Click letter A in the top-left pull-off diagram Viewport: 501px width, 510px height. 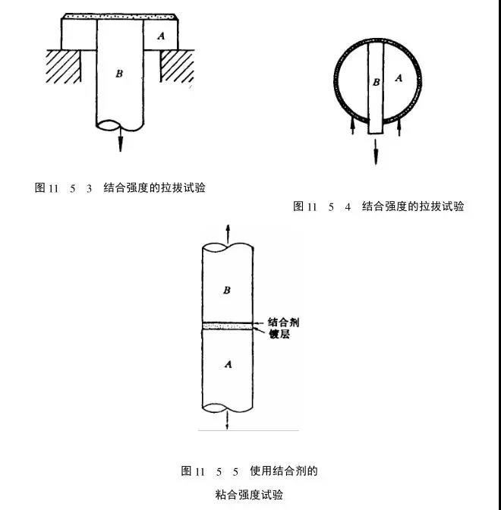point(159,36)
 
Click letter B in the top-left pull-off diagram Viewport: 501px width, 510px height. point(118,74)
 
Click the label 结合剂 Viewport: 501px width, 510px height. point(282,321)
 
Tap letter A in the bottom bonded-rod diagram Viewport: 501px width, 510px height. point(225,365)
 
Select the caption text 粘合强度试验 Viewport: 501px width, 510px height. point(249,495)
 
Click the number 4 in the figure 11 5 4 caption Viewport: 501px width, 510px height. point(348,206)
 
